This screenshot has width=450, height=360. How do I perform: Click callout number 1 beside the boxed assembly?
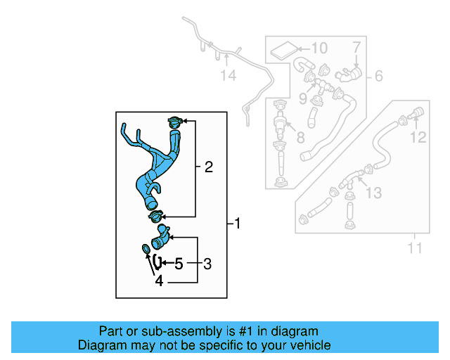tap(238, 224)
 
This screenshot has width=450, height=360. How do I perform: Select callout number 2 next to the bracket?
tap(208, 167)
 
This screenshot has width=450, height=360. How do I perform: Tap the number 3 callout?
tap(207, 264)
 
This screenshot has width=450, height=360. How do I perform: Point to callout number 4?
tap(159, 281)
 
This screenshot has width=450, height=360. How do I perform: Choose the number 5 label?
tap(179, 264)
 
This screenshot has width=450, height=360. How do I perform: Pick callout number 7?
tap(356, 47)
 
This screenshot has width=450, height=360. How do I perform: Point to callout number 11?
tap(415, 247)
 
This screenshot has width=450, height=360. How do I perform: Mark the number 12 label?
tap(418, 138)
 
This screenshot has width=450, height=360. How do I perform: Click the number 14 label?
tap(229, 75)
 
